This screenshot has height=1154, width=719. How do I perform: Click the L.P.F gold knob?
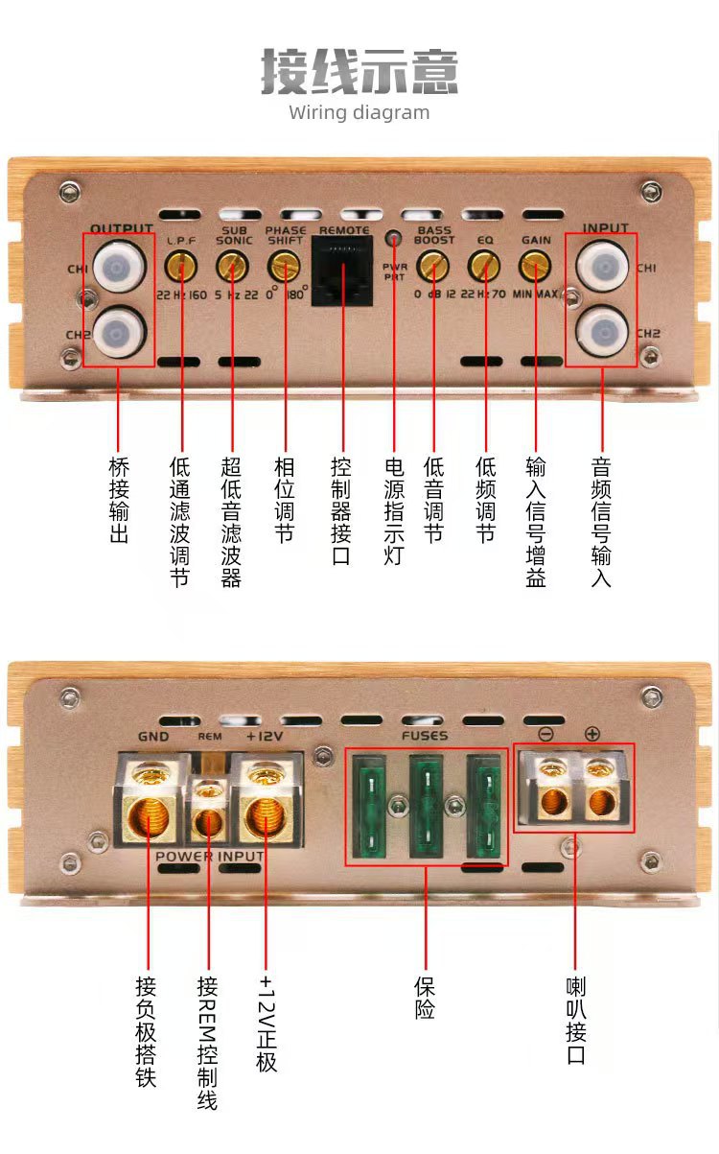pos(180,262)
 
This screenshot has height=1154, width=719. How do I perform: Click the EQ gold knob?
pos(485,263)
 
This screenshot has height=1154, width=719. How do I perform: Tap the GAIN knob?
pos(535,263)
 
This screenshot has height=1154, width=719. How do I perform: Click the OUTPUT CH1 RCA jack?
pos(119,262)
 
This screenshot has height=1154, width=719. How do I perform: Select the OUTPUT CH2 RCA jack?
pos(119,330)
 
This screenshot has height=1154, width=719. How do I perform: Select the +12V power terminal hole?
pos(267,816)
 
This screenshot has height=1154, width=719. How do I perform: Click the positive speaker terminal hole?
pos(601,803)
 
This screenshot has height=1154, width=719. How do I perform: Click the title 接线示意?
pos(359,72)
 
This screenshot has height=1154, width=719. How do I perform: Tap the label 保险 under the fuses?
pos(425,998)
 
